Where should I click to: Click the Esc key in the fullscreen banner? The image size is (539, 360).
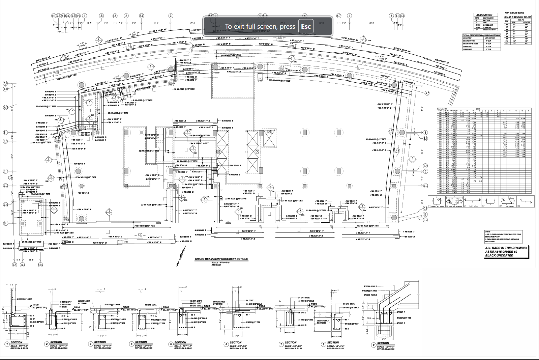pos(306,26)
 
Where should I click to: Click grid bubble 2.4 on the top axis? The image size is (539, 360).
pos(142,16)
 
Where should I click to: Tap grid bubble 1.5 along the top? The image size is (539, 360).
pos(101,16)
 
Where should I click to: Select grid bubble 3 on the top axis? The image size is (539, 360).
pos(171,16)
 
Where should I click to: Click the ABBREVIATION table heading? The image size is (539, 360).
pos(484,15)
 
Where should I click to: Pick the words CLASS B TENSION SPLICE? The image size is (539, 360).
pos(517,17)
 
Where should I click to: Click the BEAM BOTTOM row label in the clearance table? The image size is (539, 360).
pos(469,40)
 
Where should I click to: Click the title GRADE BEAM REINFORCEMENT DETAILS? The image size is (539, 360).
pos(221,259)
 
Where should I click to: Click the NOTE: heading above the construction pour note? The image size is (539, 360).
pos(487,232)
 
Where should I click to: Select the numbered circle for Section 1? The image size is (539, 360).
pos(6,344)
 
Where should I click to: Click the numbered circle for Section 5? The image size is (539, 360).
pos(170,344)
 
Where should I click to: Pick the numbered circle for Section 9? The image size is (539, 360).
pos(373,344)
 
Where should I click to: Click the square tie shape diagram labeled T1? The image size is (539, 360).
pos(437,201)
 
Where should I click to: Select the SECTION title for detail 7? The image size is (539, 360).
pos(291,342)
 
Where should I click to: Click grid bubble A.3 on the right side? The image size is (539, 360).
pos(427,93)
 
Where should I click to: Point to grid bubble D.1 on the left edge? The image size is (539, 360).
pos(5,223)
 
